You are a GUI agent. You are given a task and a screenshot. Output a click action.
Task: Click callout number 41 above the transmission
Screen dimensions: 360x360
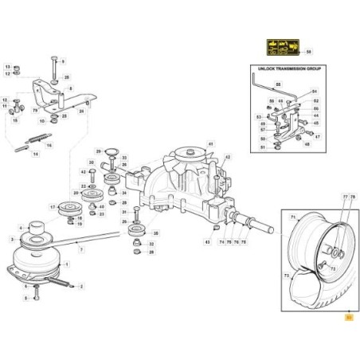pos(211,143)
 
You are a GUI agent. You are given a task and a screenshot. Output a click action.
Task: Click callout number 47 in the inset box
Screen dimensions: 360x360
pos(316,136)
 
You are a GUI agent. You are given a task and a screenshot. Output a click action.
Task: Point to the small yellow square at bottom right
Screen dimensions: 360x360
pos(347,316)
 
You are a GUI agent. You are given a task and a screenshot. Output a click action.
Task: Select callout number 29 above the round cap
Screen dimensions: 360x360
pos(98,151)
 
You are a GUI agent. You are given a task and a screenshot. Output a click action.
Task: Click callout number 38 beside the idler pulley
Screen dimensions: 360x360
pos(155,233)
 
